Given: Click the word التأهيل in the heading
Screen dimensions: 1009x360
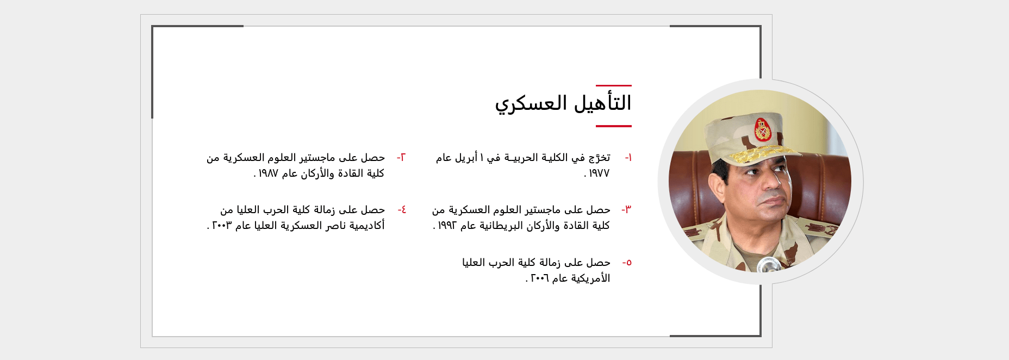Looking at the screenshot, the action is click(x=603, y=103).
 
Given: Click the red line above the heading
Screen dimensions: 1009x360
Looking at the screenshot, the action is click(x=614, y=85).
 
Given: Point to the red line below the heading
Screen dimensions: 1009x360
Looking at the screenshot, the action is click(x=614, y=126).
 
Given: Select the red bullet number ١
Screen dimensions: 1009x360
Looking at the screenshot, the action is click(x=628, y=158).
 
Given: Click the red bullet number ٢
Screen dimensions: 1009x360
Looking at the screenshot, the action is click(x=401, y=158).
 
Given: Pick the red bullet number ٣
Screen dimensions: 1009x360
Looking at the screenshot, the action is click(x=627, y=210).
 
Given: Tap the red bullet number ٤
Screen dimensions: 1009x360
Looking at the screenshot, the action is click(x=402, y=210).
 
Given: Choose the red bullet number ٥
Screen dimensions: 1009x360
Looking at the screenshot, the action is click(x=627, y=263).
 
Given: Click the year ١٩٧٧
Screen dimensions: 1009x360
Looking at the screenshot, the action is click(x=599, y=173).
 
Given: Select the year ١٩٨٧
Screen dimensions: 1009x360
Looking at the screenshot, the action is click(x=268, y=173).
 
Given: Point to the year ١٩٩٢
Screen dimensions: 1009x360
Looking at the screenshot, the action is click(x=447, y=226).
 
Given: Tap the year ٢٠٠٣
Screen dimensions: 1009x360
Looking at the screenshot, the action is click(x=222, y=226).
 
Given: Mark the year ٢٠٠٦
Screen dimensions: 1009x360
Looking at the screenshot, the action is click(x=539, y=278).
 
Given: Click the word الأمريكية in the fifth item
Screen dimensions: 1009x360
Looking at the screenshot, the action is click(x=590, y=278).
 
